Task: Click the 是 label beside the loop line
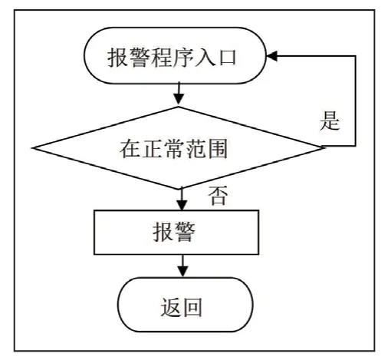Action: tap(330, 121)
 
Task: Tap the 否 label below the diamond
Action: tap(218, 195)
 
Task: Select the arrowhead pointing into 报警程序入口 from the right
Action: tap(272, 56)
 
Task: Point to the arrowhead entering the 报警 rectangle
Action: tap(182, 205)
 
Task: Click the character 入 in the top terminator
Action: tap(205, 58)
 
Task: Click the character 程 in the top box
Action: tap(161, 58)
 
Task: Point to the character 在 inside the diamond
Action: tap(130, 148)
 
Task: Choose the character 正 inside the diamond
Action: tap(152, 148)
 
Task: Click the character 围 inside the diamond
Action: tap(218, 148)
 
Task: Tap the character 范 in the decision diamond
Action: tap(196, 148)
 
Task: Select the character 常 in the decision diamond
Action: tap(174, 148)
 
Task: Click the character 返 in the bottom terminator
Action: tap(171, 307)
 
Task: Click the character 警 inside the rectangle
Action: tap(185, 232)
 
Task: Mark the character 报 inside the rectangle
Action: tap(163, 232)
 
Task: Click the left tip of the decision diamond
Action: tap(33, 148)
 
